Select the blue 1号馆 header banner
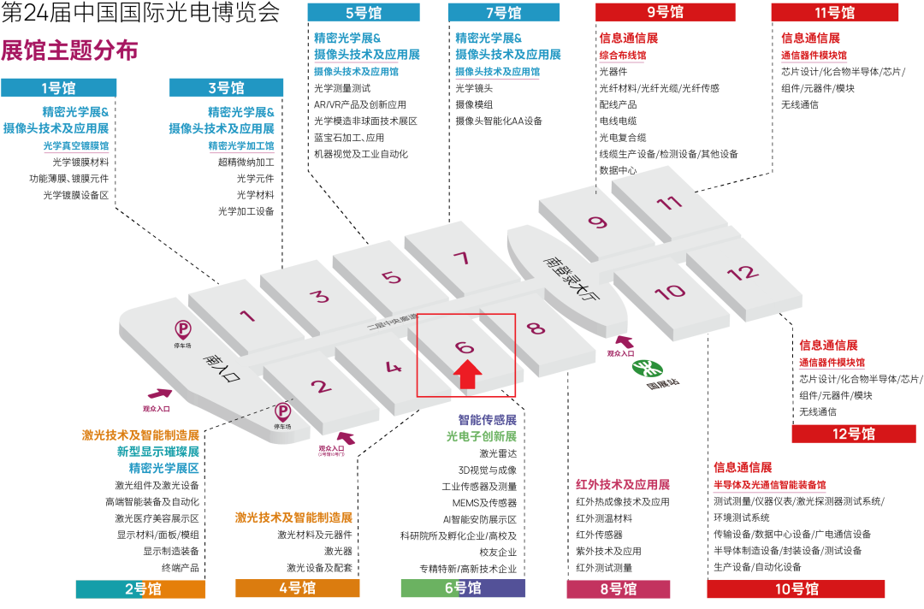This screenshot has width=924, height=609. tap(58, 88)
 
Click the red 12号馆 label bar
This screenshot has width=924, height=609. tap(853, 434)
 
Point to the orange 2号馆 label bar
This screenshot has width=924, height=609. tap(140, 588)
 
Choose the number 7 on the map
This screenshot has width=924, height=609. tap(462, 258)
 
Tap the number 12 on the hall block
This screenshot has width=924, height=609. tap(743, 273)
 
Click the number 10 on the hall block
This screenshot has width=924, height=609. tap(669, 292)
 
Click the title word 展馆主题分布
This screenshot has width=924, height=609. tap(70, 50)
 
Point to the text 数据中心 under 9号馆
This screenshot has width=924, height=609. tap(619, 170)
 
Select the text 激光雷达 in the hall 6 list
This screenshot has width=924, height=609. tap(499, 453)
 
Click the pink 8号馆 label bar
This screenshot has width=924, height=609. tap(618, 588)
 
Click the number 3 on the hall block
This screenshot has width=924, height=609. tap(319, 297)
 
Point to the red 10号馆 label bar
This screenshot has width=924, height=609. tap(796, 588)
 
